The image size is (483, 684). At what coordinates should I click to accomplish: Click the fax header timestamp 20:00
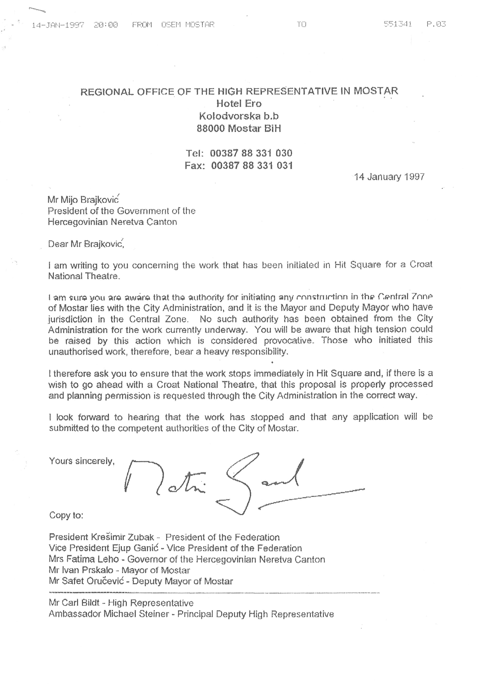[106, 25]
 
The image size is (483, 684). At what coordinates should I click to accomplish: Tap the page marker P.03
[436, 24]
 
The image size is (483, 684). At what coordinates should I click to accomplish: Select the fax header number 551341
[398, 24]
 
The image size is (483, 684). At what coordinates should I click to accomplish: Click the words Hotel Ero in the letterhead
[239, 103]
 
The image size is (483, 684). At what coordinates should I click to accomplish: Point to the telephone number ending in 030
[251, 153]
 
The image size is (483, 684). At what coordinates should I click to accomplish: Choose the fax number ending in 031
[252, 166]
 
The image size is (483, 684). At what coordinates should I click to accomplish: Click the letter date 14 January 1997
[389, 177]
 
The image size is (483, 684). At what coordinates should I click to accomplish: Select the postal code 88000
[211, 129]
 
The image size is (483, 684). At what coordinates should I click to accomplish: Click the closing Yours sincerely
[82, 461]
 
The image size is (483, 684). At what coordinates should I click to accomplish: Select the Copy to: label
[66, 515]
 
